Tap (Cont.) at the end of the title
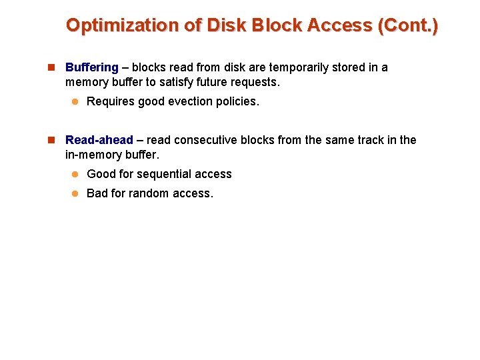click(408, 26)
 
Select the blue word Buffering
click(92, 67)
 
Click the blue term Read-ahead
click(99, 140)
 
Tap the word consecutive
click(204, 140)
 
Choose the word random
click(150, 194)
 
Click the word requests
click(257, 82)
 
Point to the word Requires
click(109, 101)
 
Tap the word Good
click(101, 174)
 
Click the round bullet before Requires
click(76, 101)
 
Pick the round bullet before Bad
click(76, 194)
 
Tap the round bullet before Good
click(76, 174)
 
